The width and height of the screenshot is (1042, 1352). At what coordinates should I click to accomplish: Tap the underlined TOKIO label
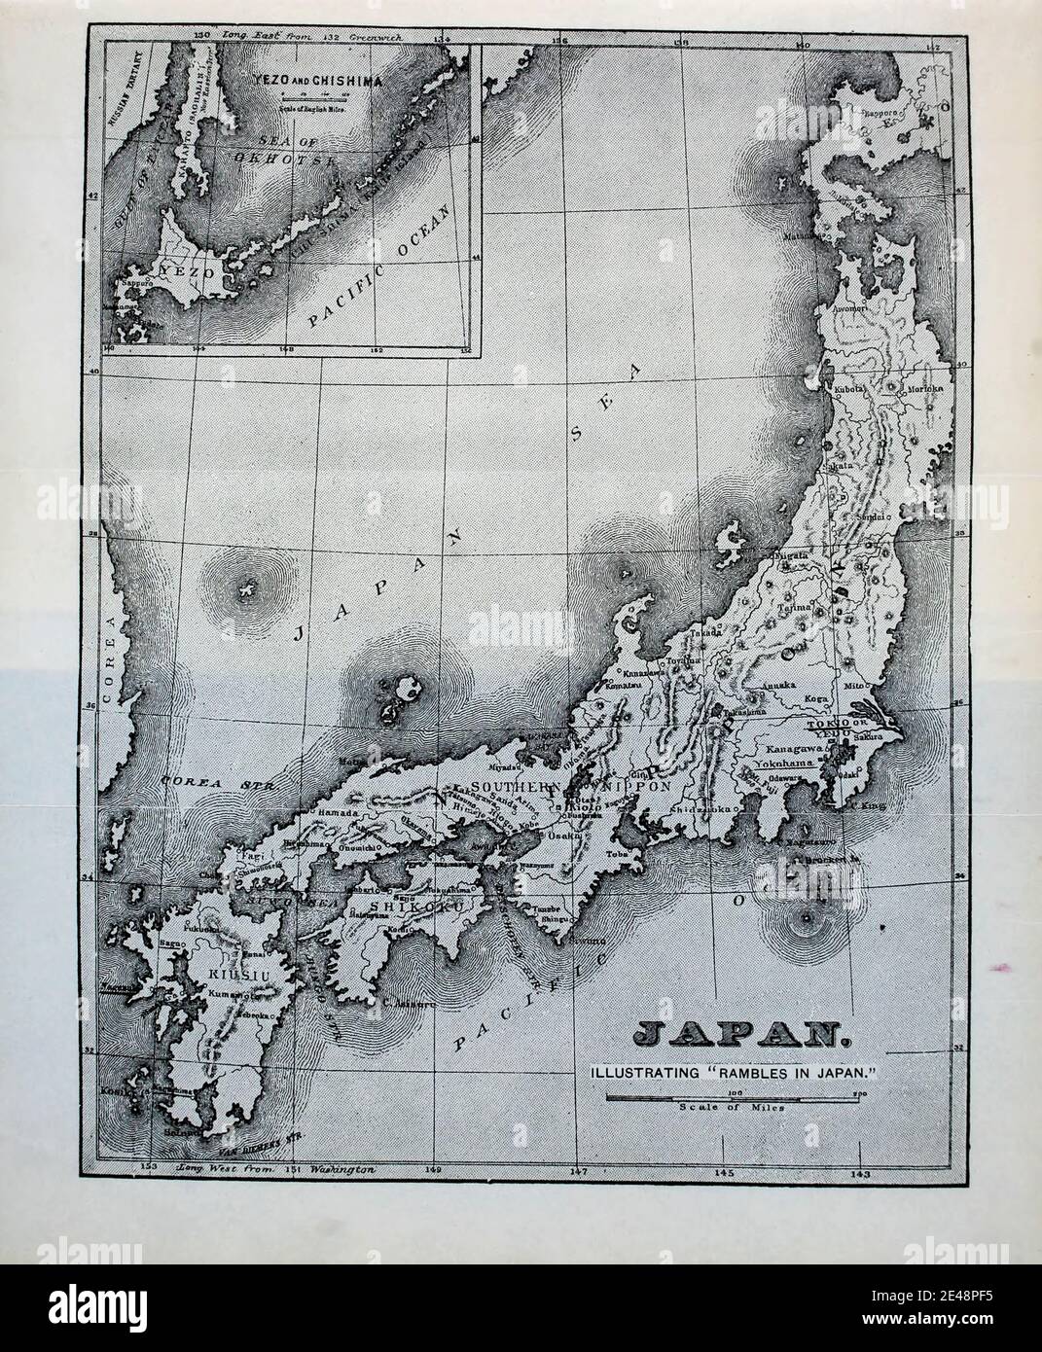tap(821, 725)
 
